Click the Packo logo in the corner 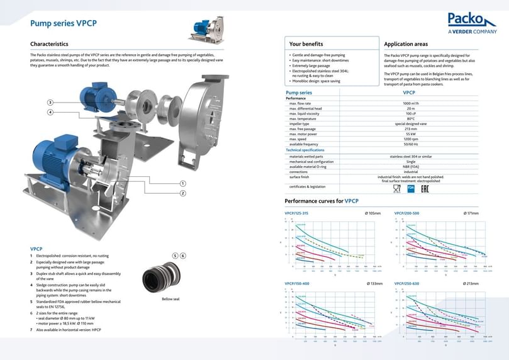pos(472,23)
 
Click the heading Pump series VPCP pos(64,24)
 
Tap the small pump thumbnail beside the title pos(206,30)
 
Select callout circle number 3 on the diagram pos(50,103)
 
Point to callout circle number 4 pos(50,113)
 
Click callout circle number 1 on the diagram pos(182,183)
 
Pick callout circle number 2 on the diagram pos(182,193)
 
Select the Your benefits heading pos(306,44)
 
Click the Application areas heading pos(406,44)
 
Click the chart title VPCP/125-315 pos(297,213)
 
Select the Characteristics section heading pos(49,44)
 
